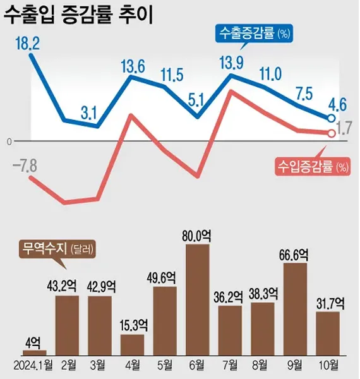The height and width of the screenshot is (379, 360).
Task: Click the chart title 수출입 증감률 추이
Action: pyautogui.click(x=81, y=16)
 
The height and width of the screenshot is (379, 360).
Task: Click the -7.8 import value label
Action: pyautogui.click(x=25, y=166)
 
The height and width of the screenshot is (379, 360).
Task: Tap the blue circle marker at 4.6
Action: pyautogui.click(x=330, y=118)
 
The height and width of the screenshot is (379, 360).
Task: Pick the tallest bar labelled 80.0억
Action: pyautogui.click(x=197, y=299)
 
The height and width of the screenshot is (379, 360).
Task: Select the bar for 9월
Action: pyautogui.click(x=295, y=309)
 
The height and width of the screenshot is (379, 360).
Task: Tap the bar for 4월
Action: pyautogui.click(x=132, y=345)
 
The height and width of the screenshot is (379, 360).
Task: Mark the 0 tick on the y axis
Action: pyautogui.click(x=9, y=141)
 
